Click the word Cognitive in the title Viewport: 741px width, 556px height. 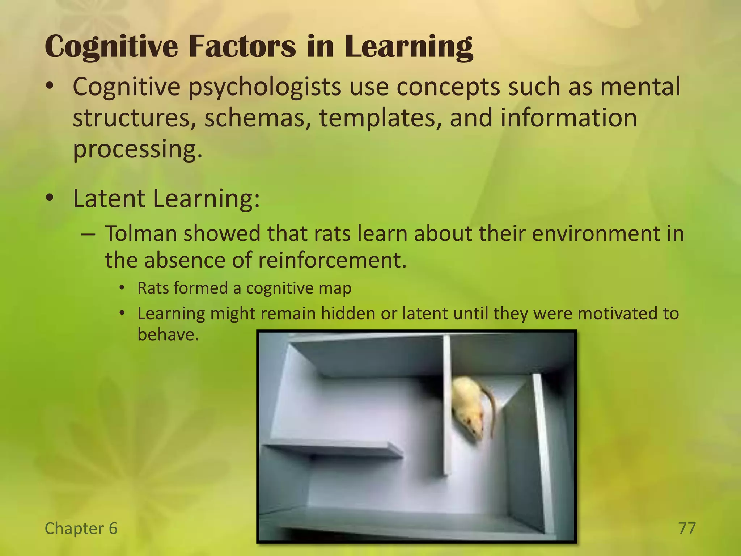coord(111,47)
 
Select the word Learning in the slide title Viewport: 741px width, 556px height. coord(409,47)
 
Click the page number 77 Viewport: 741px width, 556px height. coord(687,528)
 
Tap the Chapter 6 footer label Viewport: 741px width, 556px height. coord(81,528)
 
